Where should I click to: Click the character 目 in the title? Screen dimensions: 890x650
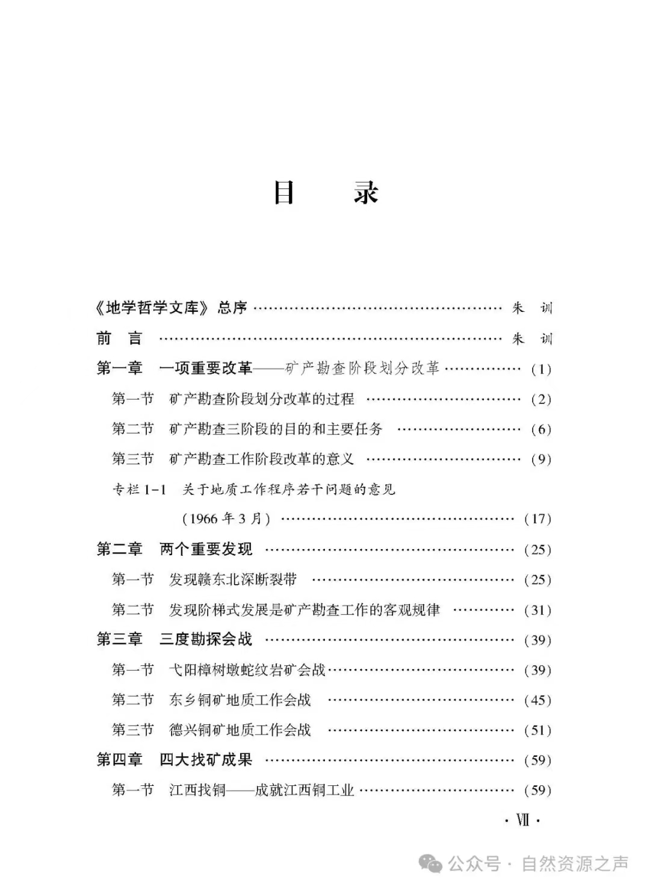click(284, 192)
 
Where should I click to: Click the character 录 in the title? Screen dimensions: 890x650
click(366, 192)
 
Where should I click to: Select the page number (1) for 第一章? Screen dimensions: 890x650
click(540, 369)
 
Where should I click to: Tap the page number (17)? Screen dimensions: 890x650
click(537, 519)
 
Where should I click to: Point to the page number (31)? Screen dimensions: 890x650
click(537, 610)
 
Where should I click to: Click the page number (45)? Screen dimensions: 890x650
click(537, 700)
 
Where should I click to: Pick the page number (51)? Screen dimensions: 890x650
click(537, 730)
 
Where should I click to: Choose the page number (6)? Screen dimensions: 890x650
click(540, 429)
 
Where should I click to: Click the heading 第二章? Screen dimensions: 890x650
click(119, 549)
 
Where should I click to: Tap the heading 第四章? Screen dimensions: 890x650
click(119, 760)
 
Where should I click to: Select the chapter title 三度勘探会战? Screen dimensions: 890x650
click(206, 639)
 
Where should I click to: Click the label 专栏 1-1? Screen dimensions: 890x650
click(139, 490)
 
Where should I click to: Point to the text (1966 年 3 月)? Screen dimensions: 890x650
click(226, 519)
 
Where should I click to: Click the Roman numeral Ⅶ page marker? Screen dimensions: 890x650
click(522, 820)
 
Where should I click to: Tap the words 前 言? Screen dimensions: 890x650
click(119, 338)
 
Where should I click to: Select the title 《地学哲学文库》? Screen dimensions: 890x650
click(153, 308)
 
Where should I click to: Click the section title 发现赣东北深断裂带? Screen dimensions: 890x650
click(233, 579)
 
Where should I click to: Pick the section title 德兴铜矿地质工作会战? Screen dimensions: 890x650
click(240, 730)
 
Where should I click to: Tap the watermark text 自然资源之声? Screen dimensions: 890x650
click(574, 864)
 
